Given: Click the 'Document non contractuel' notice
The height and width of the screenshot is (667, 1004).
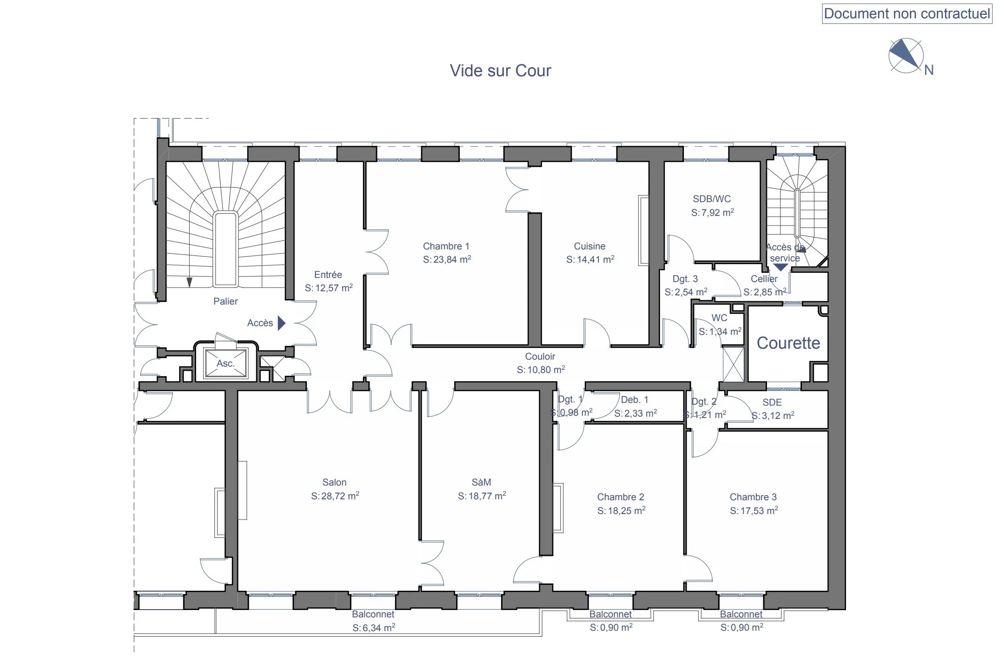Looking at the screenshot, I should point(907,14).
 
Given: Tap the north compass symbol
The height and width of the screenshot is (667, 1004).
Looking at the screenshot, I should point(906,56).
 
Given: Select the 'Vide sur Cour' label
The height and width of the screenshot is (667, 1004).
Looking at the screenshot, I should point(500,70).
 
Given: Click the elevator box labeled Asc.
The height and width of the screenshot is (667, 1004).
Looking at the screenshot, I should point(226,363).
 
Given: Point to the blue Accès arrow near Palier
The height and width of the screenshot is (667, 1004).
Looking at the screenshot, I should point(282,323).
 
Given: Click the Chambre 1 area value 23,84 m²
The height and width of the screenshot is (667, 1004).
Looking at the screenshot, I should point(447,260).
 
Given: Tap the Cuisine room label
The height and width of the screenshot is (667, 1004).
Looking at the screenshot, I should point(589,246).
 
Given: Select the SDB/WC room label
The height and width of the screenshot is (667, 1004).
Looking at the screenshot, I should point(711,199).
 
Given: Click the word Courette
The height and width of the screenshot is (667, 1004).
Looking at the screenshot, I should point(788,343).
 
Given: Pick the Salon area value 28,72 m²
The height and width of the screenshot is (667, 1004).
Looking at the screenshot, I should point(335,496).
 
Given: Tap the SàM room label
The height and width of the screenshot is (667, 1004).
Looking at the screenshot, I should point(481,482).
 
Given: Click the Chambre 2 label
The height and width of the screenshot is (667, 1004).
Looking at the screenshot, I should point(620,497).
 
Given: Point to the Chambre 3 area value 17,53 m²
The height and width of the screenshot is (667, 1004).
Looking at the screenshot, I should point(753,511).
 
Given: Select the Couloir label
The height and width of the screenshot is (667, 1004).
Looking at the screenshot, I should point(540,356).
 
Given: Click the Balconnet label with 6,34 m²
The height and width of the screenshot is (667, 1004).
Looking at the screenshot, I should point(373,614).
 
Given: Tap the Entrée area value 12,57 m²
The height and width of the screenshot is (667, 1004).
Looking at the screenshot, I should point(328,288).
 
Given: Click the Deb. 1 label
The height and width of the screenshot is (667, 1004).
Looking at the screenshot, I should point(634,400).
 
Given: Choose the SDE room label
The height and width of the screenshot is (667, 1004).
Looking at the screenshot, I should point(772,402).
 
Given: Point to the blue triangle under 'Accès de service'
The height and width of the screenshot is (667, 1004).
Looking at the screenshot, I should point(780,267).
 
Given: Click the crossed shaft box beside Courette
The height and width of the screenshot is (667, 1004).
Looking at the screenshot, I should point(733,364).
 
